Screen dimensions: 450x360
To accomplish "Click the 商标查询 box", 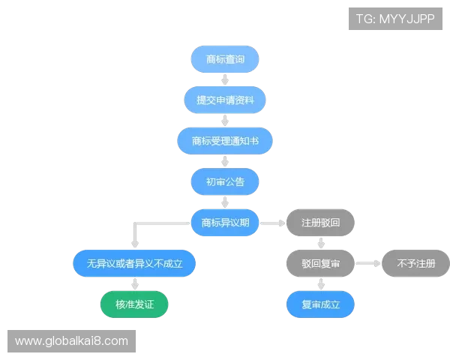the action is [225, 59].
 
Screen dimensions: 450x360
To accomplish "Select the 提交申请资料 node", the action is [225, 100].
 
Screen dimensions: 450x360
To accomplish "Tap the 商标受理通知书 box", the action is [225, 141].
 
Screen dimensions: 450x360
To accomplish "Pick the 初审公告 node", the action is [225, 181].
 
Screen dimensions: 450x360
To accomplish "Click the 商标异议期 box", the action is [225, 223].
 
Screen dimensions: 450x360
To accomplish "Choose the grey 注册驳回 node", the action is [320, 223].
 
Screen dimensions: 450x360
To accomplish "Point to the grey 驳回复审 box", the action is [320, 263].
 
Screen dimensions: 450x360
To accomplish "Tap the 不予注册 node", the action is [415, 263].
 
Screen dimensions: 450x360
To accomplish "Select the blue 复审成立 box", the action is [320, 304].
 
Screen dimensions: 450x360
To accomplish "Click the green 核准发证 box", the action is [134, 304].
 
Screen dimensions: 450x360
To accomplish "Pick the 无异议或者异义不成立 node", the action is [134, 263].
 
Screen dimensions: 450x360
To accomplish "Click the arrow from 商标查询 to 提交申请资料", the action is [225, 79].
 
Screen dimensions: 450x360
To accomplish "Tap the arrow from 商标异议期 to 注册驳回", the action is [273, 223].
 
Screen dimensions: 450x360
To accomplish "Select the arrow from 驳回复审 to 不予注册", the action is [368, 263].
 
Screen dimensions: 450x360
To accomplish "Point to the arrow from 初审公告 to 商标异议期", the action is [225, 202].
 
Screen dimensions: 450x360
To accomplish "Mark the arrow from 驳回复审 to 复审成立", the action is [321, 284].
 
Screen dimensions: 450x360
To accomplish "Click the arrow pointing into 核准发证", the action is [135, 284].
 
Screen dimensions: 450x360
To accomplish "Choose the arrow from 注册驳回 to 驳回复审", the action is [321, 243].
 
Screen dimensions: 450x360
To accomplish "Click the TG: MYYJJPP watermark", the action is [395, 19].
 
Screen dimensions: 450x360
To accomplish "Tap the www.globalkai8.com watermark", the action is [71, 341].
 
